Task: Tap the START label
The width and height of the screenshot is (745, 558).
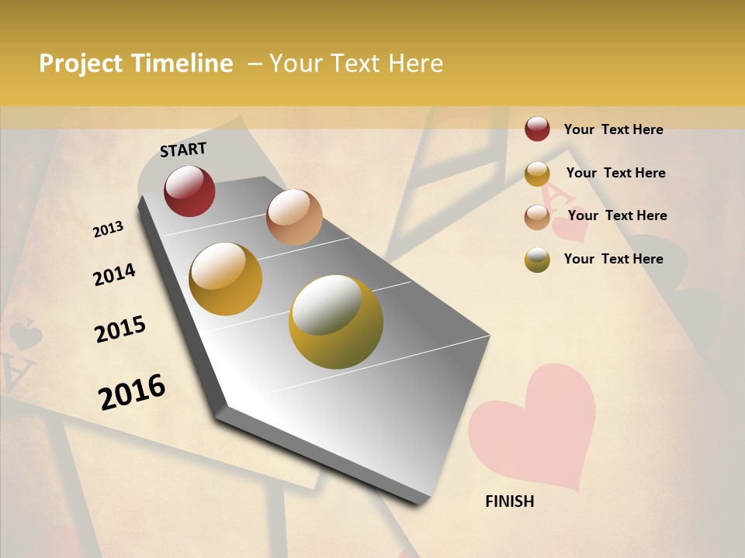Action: coord(183,150)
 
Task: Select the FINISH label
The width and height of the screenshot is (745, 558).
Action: coord(509,501)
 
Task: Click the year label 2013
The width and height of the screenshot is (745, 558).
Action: coord(109,229)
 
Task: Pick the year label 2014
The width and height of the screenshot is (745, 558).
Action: coord(115,274)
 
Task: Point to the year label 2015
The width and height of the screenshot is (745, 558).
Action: coord(120,329)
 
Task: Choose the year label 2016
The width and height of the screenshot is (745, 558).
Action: coord(132,392)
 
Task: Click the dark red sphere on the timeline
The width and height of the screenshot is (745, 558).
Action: coord(189,191)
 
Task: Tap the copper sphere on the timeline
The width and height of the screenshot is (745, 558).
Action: coord(294,217)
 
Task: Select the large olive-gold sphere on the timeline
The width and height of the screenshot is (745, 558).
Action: coord(336,322)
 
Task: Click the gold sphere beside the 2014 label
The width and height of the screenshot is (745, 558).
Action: coord(226,279)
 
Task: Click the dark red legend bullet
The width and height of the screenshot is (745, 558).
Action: coord(537,129)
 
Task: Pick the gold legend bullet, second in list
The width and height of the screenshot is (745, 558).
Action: coord(537,174)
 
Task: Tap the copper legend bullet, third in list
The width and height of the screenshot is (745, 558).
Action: coord(537,217)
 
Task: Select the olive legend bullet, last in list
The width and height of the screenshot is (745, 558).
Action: coord(537,260)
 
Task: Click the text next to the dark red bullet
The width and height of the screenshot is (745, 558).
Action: coord(613,129)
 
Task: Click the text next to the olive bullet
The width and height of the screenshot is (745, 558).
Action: coord(613,259)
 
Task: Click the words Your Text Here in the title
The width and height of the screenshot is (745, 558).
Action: coord(356,64)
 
